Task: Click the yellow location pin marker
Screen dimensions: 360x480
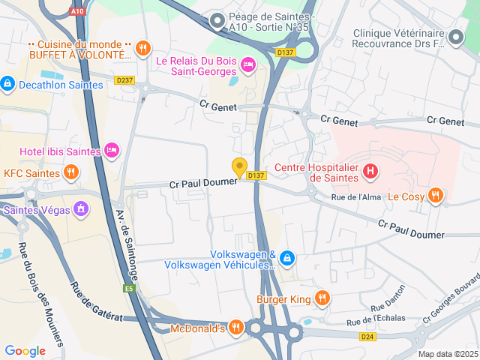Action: (x=240, y=167)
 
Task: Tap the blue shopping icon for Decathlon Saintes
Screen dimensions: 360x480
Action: (x=7, y=84)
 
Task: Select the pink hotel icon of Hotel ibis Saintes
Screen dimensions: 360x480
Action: (x=112, y=151)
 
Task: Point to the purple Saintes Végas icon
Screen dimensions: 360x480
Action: (x=81, y=210)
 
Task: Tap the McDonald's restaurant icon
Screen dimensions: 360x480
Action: (x=236, y=328)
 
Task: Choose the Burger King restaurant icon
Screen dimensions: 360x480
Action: (x=322, y=298)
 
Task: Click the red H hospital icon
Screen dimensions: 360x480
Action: (x=370, y=172)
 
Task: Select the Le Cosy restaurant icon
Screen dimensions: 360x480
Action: (x=436, y=196)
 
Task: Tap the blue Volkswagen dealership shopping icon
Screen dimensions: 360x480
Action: (x=289, y=259)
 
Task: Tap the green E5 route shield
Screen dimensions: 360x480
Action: (x=129, y=288)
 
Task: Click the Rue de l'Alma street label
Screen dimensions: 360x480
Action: (x=357, y=197)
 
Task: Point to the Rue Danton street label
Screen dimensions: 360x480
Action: (x=387, y=298)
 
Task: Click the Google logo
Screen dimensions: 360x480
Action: (x=25, y=350)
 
